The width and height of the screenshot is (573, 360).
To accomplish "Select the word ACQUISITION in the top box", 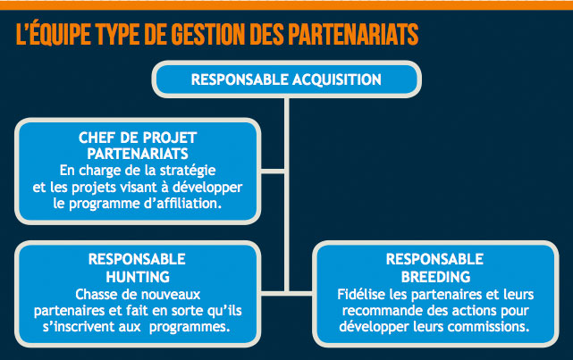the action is point(337,80).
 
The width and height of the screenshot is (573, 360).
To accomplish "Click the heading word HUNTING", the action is point(138,277).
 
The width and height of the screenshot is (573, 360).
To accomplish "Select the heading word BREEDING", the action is point(435,277).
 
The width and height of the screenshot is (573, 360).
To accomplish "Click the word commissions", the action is point(488,326).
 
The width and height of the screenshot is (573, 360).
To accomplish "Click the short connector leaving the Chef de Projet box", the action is point(273,172).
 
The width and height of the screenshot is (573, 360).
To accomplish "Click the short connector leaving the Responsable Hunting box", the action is point(273,293).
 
